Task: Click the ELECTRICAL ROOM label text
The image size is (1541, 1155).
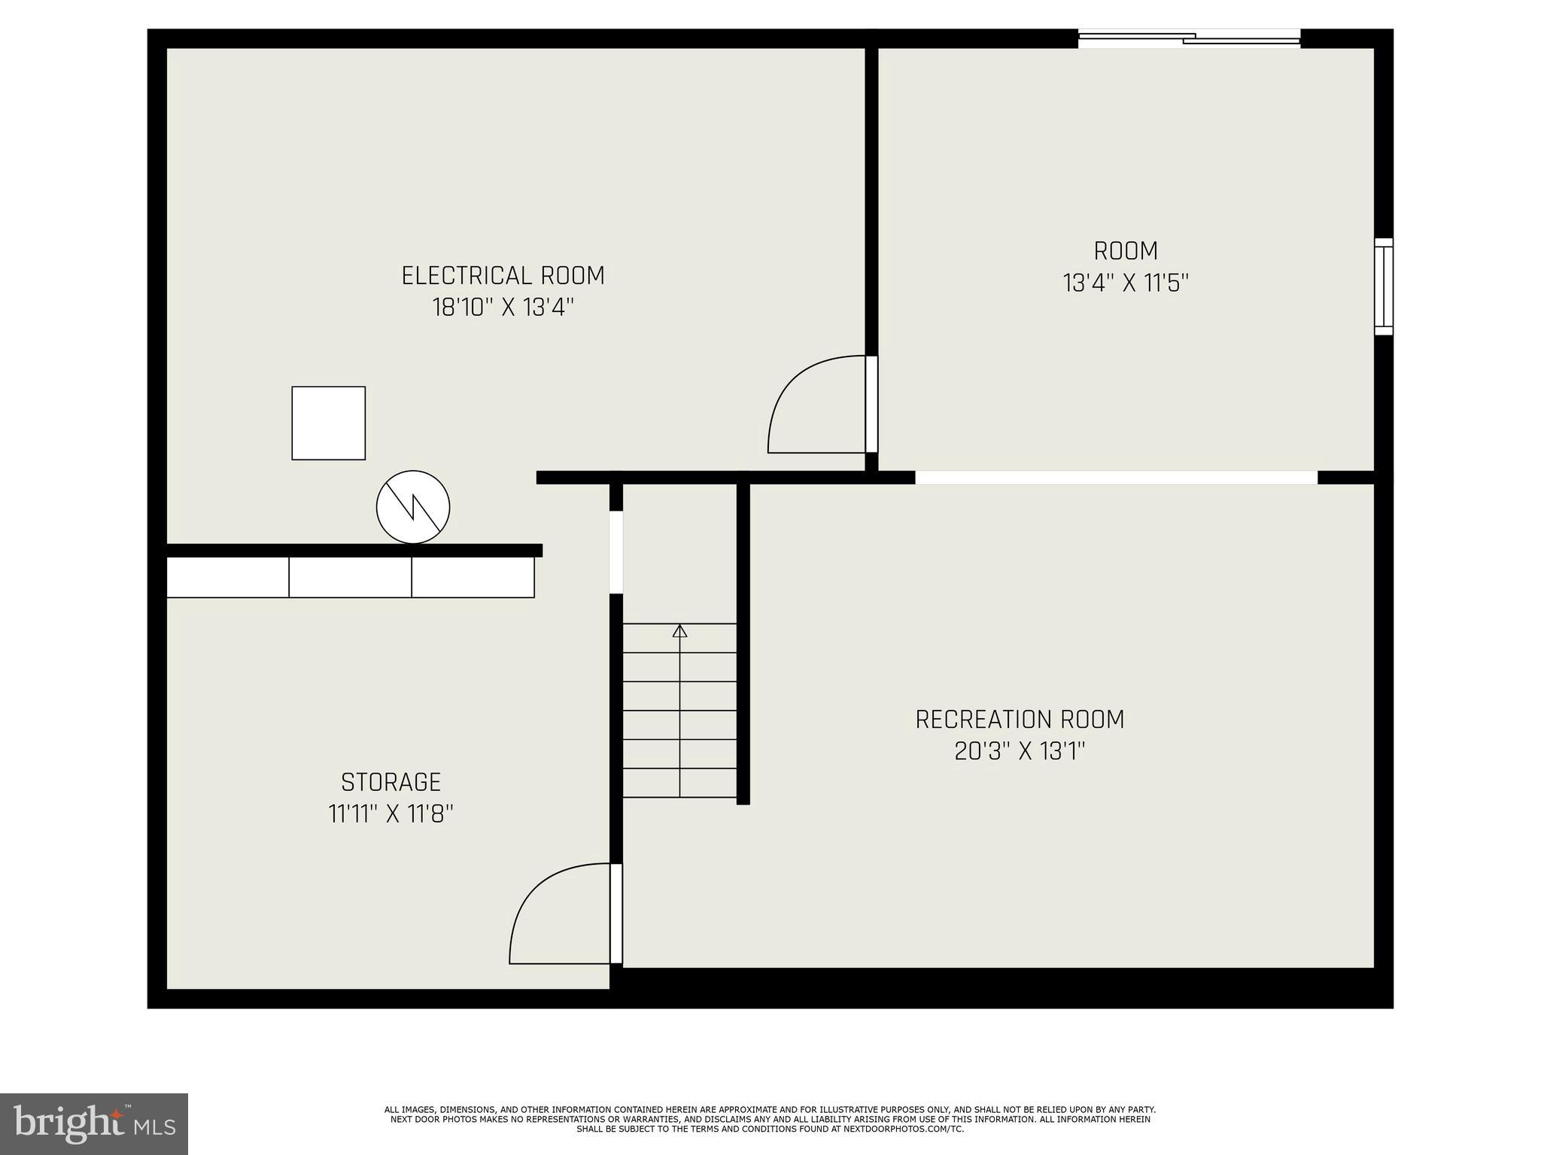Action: coord(503,275)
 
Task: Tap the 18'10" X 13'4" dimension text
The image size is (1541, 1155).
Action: coord(503,308)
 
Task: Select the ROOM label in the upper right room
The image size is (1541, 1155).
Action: coord(1126,250)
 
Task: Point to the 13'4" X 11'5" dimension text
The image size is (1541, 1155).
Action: coord(1126,283)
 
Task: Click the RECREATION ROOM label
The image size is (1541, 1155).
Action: coord(1020,720)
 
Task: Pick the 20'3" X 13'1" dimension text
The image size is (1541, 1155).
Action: coord(1020,751)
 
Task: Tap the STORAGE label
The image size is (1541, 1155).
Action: coord(391,782)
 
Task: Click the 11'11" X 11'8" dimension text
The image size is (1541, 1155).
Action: coord(391,814)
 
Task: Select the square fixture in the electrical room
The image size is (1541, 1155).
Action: coord(328,423)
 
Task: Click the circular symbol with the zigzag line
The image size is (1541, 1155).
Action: coord(413,507)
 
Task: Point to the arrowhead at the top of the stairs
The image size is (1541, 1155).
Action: coord(680,631)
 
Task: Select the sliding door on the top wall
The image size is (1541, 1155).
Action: coord(1189,38)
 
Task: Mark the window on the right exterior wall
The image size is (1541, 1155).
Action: coord(1384,286)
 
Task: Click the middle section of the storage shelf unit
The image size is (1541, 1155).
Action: coord(350,577)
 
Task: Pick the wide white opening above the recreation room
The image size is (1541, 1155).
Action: coord(1116,477)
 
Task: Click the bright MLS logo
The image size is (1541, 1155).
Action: coord(93,1123)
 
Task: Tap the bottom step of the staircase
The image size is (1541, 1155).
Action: coord(680,783)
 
